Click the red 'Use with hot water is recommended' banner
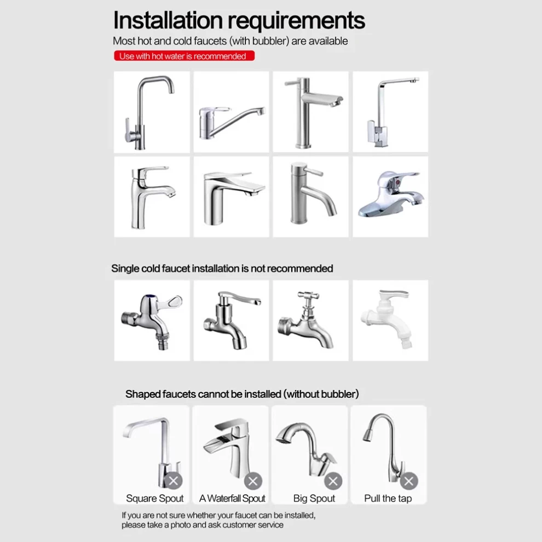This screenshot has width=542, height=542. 184,56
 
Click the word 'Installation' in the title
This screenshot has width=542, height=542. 168,20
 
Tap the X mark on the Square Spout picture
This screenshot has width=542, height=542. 173,481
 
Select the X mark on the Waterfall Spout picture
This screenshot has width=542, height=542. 253,481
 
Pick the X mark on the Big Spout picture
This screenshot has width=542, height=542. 333,481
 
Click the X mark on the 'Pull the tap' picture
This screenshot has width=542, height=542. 409,481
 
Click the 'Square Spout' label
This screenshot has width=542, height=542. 154,498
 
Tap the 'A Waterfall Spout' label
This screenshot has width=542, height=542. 232,498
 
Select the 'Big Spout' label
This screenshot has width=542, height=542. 314,498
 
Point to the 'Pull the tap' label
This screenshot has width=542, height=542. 388,498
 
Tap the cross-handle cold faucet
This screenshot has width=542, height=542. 305,320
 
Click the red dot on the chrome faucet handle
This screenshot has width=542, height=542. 398,181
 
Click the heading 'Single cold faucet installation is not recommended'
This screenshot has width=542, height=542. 222,269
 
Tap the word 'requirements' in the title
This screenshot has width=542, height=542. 296,21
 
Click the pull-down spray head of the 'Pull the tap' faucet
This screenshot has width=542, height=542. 368,434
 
